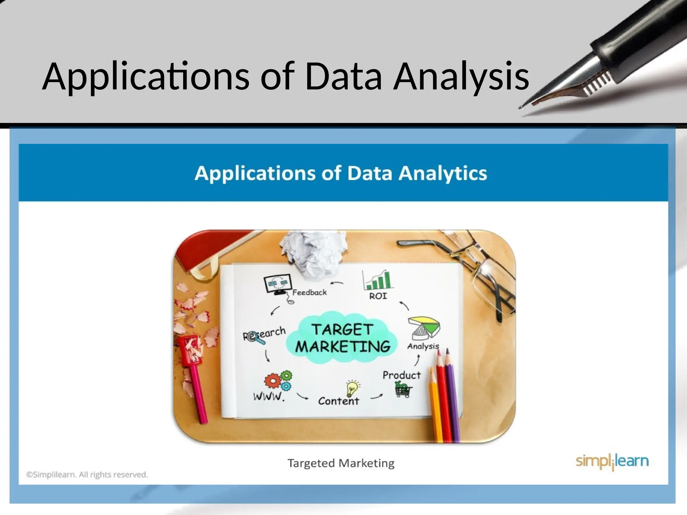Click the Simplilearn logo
click(x=612, y=462)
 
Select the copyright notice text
click(x=87, y=475)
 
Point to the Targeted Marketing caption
click(x=341, y=463)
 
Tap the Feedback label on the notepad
click(x=309, y=293)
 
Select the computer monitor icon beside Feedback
click(x=277, y=284)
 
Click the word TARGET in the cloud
click(x=342, y=329)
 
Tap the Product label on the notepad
click(x=402, y=375)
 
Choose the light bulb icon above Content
click(x=352, y=388)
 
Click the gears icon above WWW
click(x=278, y=381)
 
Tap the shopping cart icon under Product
click(x=403, y=390)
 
